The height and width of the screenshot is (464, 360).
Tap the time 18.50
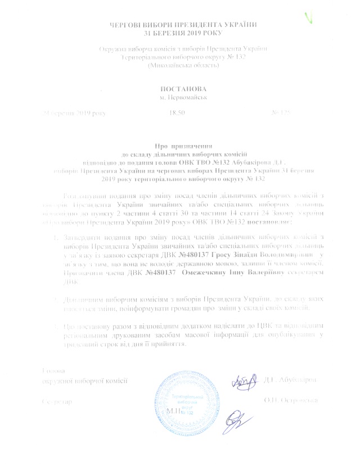[177, 113]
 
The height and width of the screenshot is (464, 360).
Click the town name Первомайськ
[184, 98]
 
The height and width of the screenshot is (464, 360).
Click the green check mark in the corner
[308, 16]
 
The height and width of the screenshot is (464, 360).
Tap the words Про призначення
[181, 146]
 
